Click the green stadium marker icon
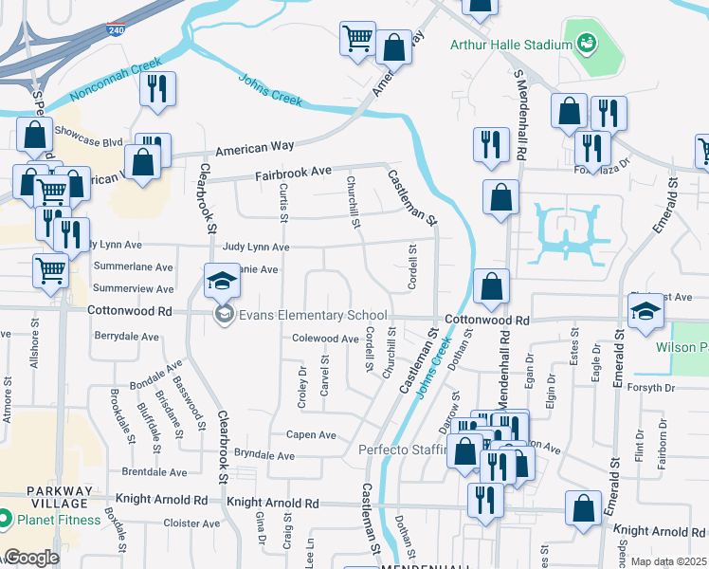[586, 44]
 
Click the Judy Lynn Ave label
[256, 247]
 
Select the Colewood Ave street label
[325, 339]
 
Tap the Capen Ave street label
[313, 434]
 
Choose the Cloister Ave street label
[191, 523]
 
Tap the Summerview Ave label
[134, 288]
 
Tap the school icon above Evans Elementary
[222, 281]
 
